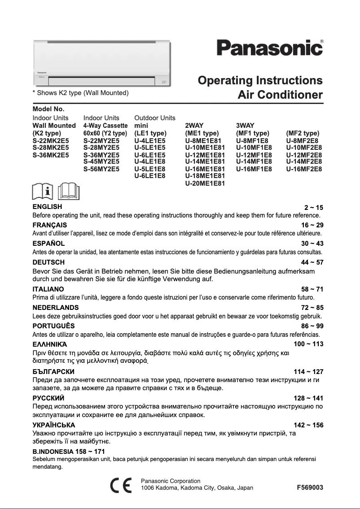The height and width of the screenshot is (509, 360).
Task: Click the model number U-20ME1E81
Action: tap(205, 183)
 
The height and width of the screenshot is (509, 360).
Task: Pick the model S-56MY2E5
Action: tap(101, 169)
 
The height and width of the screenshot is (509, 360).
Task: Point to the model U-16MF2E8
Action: tap(304, 169)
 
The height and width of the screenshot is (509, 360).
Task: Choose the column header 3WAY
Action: tap(245, 126)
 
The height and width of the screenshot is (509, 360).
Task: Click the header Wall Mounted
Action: tap(54, 126)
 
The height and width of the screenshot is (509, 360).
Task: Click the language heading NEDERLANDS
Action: tap(56, 308)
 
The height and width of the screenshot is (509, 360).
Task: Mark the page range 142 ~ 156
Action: tap(308, 425)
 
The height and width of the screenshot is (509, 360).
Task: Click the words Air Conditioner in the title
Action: tap(280, 95)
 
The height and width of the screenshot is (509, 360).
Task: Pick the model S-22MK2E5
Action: tap(51, 140)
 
